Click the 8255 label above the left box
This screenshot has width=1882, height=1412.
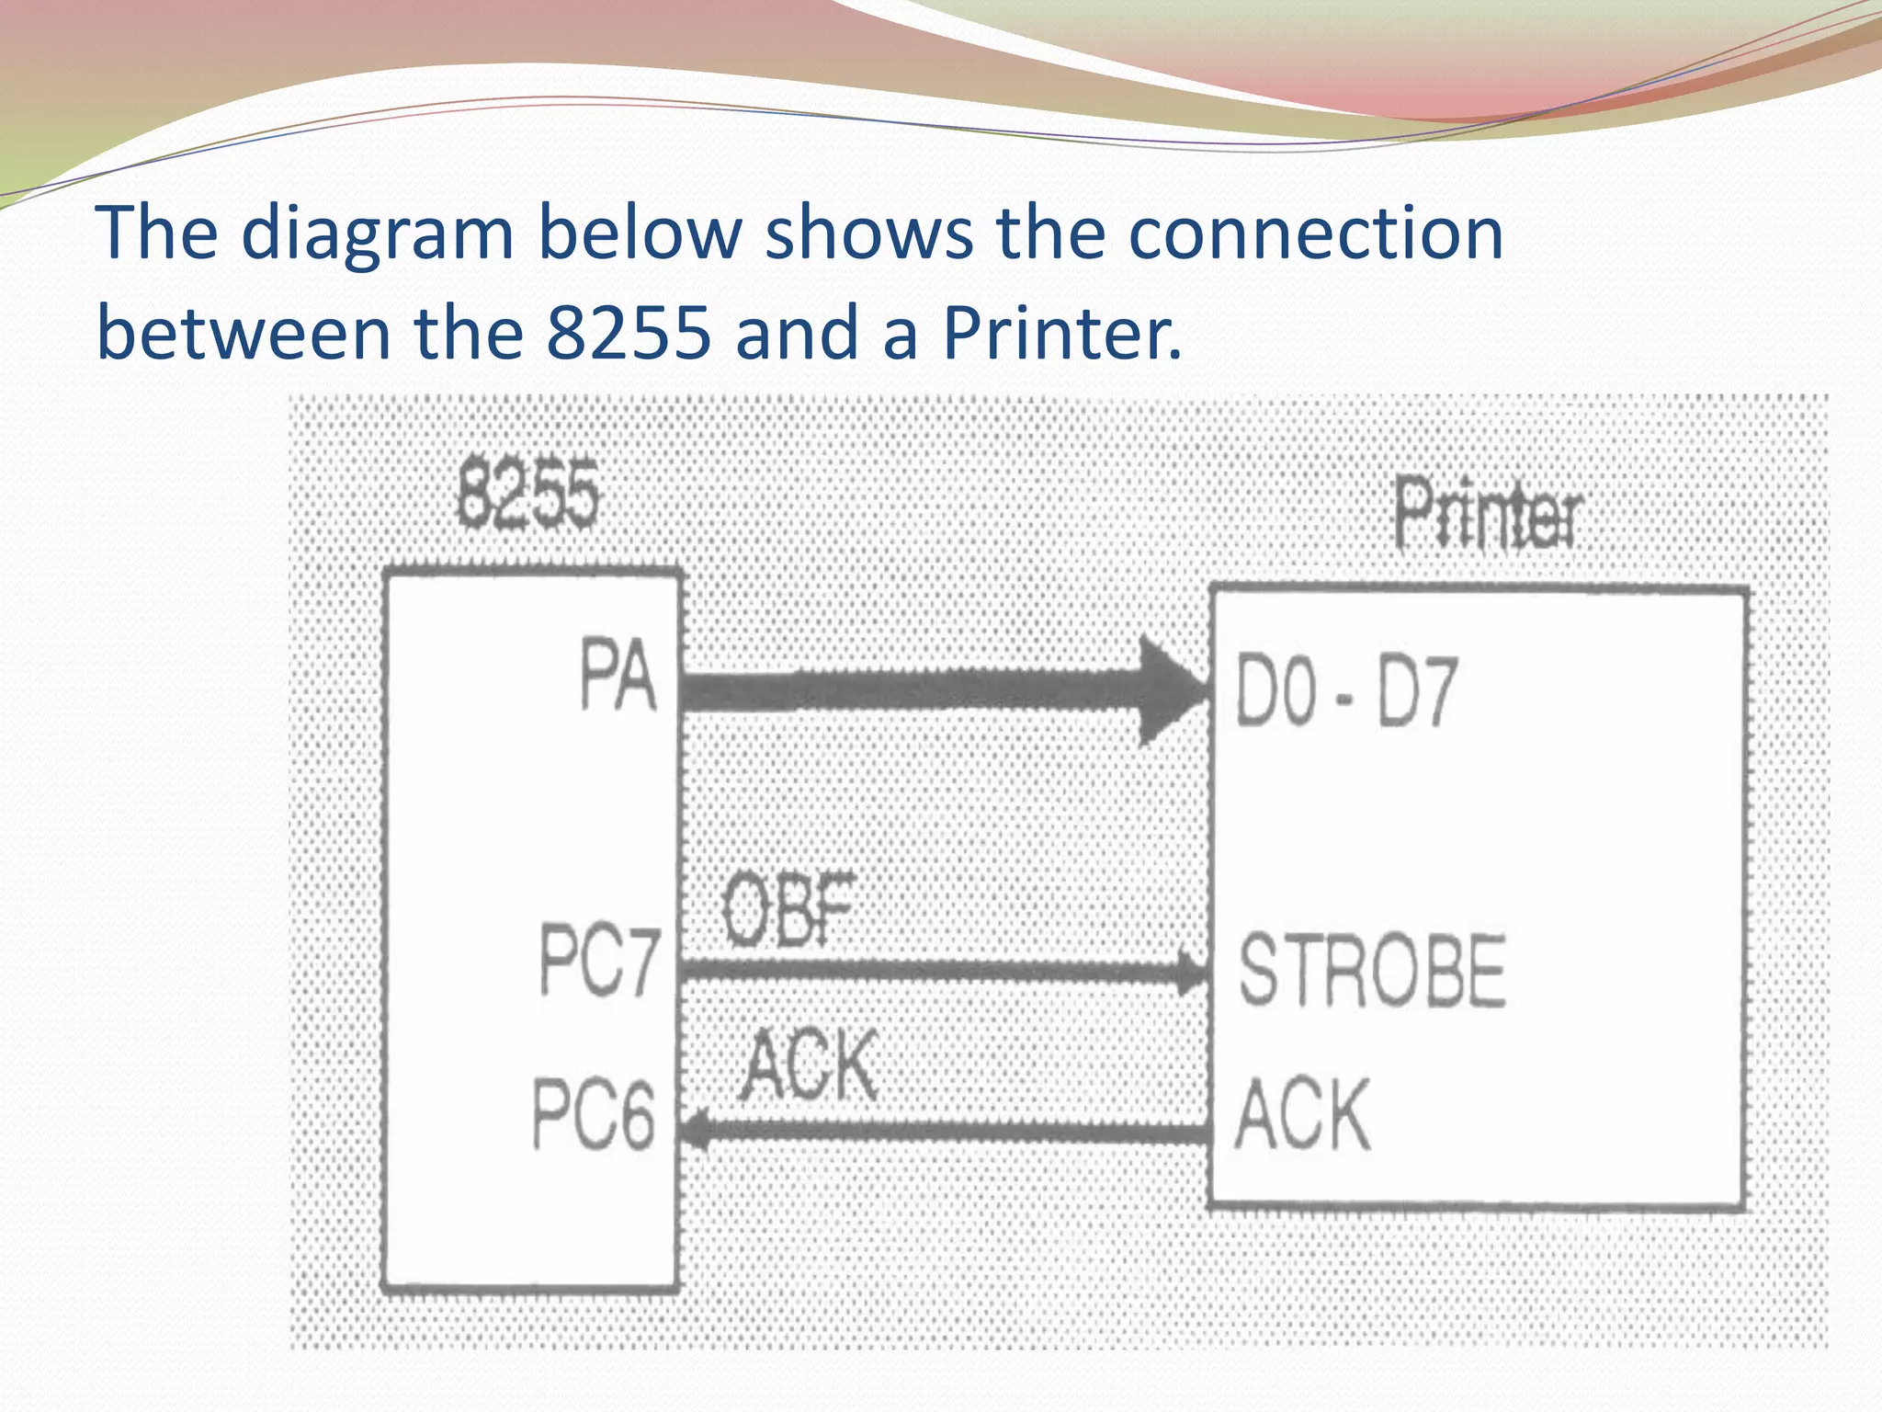528,496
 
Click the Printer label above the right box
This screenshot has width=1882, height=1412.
1489,514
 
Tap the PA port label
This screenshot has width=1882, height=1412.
618,677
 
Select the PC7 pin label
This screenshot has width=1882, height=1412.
599,961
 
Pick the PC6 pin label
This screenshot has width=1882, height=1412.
594,1114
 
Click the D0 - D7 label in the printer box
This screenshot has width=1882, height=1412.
1346,691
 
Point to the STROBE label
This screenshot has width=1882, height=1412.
1372,971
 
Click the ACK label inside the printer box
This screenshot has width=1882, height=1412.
1303,1115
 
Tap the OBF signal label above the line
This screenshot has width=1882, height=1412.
788,910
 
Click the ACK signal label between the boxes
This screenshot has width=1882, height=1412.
810,1065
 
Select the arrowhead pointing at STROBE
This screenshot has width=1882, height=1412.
1192,973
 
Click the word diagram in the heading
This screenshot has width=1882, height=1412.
377,234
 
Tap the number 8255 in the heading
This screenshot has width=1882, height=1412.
629,332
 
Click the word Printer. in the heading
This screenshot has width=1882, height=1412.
1061,332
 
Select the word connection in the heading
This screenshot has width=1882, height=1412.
1315,233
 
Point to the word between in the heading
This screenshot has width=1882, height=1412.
244,332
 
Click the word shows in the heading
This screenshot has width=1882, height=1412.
868,233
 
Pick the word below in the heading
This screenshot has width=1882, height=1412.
639,233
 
